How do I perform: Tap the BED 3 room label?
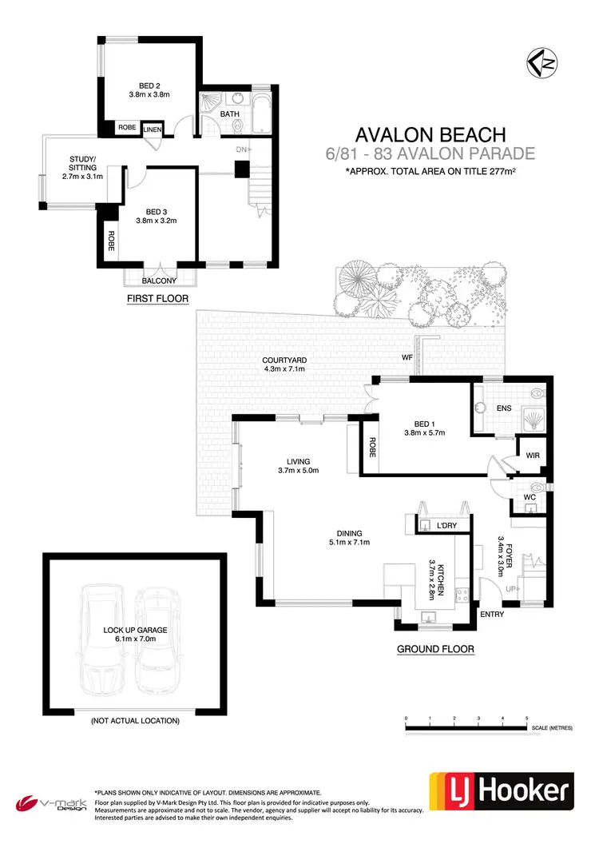(156, 215)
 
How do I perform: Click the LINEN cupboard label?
(153, 128)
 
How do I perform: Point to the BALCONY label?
(159, 281)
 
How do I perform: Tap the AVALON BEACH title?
(430, 134)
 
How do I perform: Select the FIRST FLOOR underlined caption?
(157, 299)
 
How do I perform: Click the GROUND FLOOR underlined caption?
(435, 650)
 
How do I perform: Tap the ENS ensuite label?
(503, 408)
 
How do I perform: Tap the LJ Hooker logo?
(502, 790)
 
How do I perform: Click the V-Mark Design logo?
(50, 802)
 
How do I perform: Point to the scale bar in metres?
(467, 724)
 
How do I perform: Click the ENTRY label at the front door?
(492, 614)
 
